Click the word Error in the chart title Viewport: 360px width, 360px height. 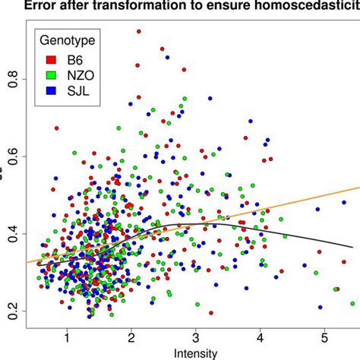click(x=39, y=6)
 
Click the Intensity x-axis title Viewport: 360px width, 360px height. click(x=195, y=353)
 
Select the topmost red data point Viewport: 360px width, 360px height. click(x=138, y=32)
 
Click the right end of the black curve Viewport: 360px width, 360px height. click(x=352, y=247)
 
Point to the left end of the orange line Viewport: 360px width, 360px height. click(x=27, y=263)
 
